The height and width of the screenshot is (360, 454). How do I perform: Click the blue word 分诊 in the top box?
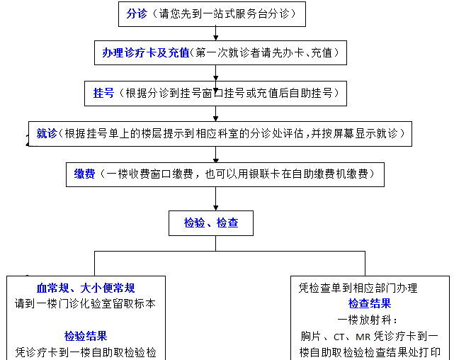tap(137, 13)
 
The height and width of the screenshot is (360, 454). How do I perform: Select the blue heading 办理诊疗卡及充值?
tap(146, 52)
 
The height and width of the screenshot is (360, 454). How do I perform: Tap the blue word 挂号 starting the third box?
tap(103, 93)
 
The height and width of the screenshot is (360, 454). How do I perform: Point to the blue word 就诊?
tap(47, 133)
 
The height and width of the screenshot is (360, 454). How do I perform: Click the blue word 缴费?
tap(84, 174)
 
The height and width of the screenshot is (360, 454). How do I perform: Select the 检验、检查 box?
tap(211, 223)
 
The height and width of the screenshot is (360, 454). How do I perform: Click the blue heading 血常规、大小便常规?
tap(86, 288)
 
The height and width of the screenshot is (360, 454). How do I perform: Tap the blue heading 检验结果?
tap(86, 336)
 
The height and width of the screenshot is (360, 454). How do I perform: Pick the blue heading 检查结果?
tap(370, 303)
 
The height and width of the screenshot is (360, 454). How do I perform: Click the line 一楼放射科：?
tap(368, 320)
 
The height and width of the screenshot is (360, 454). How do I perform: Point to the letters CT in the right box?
tap(339, 337)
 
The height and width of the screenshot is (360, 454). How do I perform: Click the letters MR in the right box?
tap(363, 337)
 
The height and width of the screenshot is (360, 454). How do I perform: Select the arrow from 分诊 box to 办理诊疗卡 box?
tap(216, 33)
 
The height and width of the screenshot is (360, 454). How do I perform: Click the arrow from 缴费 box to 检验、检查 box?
tap(216, 198)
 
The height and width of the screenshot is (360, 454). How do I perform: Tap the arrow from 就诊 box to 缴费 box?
tap(216, 154)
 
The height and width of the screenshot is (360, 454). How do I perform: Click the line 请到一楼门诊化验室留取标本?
tap(86, 303)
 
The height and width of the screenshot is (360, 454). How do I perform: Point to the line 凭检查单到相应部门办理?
tap(358, 288)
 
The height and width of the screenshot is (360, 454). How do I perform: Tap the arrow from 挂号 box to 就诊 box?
tap(216, 113)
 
